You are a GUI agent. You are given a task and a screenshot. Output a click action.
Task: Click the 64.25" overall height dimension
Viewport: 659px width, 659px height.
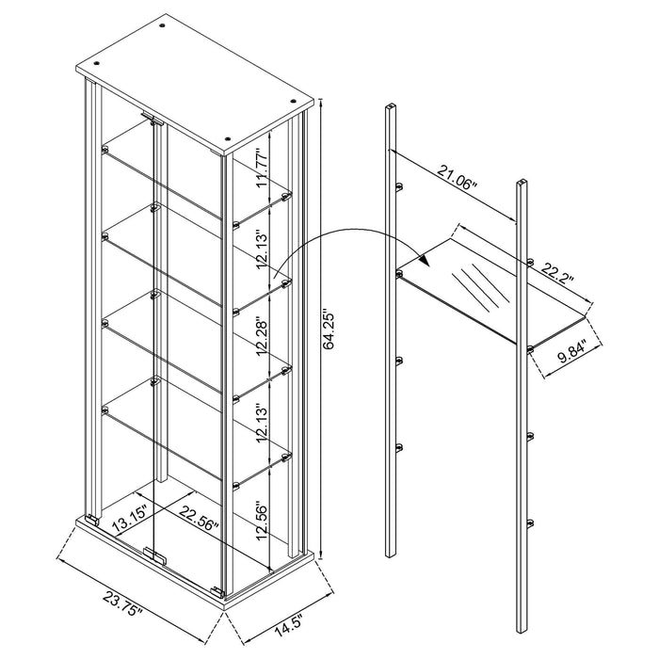coord(327,329)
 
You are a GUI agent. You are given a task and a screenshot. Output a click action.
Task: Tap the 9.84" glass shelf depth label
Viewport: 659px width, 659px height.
coord(563,356)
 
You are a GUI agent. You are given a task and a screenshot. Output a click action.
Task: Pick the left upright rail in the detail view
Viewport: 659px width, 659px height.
coord(390,329)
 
